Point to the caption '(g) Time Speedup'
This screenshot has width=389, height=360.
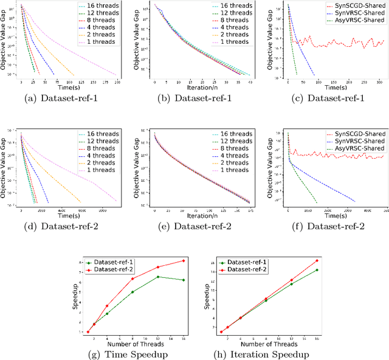[129, 355]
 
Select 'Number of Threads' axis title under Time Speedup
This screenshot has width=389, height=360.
[129, 344]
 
